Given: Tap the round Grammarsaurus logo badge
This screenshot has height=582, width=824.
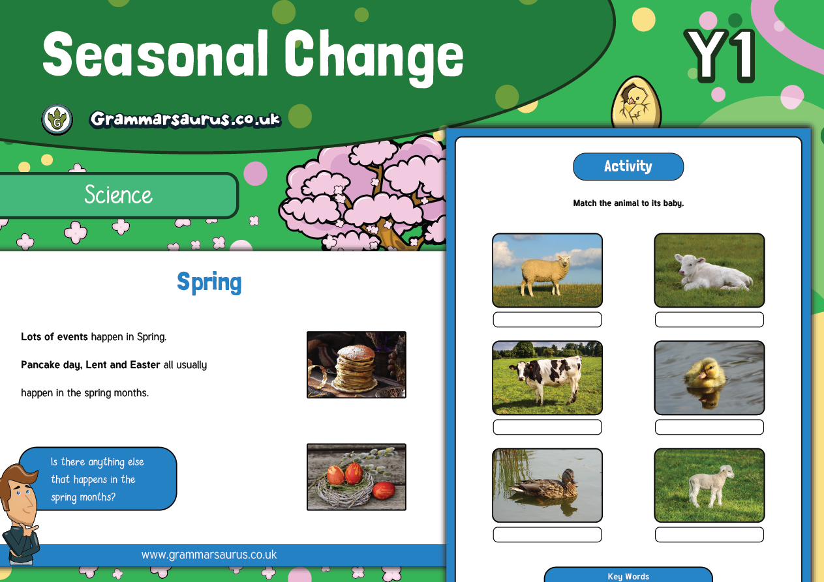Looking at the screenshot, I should [57, 120].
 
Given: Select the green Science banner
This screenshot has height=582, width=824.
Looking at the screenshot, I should [118, 195].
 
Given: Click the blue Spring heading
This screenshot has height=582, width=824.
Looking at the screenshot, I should [209, 282].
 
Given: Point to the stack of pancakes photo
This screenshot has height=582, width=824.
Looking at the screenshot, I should [356, 364].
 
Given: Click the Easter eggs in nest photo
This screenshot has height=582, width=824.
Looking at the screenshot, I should [356, 477].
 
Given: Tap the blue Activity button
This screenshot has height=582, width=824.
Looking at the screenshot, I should [628, 167].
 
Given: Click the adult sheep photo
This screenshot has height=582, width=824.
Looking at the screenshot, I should [547, 270].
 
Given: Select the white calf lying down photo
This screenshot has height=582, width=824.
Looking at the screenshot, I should [709, 270].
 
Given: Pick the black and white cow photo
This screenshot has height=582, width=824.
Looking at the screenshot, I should [547, 377].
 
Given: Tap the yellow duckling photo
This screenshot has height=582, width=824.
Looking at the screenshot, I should [709, 377].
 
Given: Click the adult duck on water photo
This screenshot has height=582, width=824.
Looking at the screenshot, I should [547, 485].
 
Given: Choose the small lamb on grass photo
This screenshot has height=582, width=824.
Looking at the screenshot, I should [709, 485].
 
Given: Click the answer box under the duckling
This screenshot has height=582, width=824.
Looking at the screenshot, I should [709, 427].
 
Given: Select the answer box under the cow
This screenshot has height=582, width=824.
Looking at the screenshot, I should [547, 427].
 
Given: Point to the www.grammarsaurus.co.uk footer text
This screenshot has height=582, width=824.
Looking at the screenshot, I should [209, 555].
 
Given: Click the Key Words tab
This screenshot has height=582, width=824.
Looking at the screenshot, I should [628, 575].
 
